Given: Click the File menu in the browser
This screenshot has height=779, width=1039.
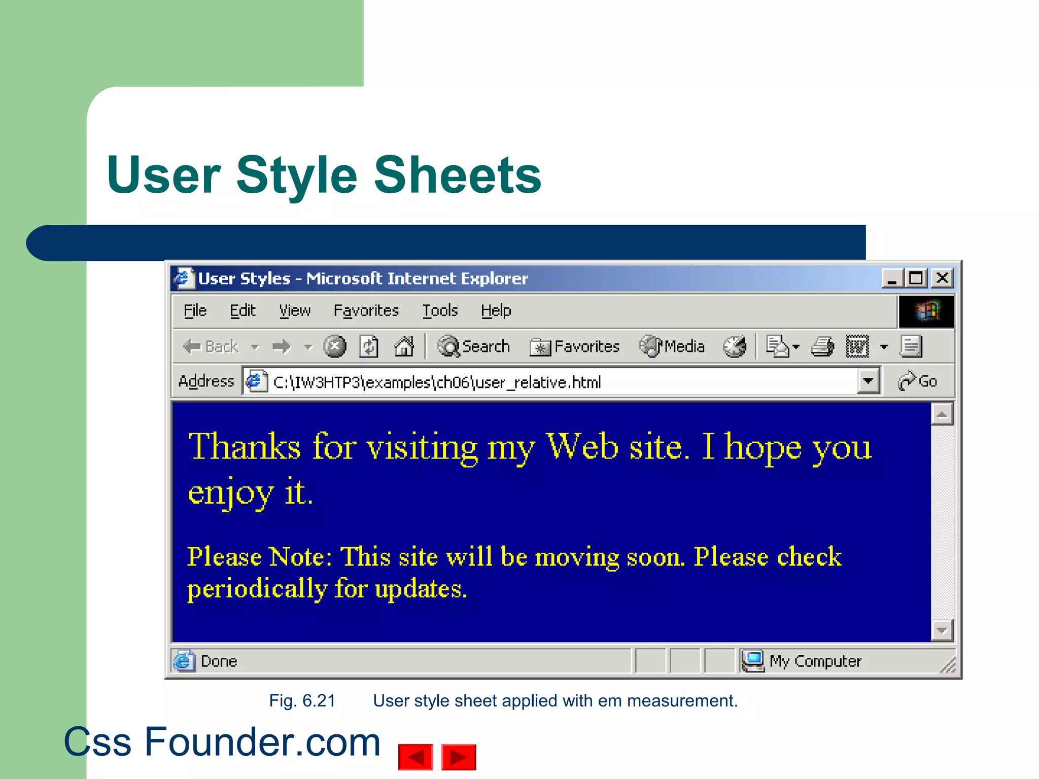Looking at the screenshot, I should click(195, 310).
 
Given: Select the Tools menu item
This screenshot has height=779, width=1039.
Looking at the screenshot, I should click(440, 310).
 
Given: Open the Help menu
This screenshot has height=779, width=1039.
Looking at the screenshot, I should click(496, 310).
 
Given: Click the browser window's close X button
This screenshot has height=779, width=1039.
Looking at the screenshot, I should click(943, 278).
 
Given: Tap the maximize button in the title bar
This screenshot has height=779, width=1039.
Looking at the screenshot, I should click(916, 278).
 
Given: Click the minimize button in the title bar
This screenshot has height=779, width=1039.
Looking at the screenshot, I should click(892, 278).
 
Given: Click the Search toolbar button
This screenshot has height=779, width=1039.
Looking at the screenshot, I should click(474, 347).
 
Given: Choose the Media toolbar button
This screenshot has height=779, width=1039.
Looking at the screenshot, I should click(672, 347).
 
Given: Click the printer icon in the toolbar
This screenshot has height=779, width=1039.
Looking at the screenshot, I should click(822, 347).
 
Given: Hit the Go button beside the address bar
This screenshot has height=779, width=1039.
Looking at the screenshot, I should click(918, 381).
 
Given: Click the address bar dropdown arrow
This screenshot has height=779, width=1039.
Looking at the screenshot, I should click(868, 381).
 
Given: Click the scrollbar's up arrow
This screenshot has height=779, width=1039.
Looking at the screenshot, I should click(942, 414).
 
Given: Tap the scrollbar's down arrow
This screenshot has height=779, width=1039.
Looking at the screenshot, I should click(942, 630).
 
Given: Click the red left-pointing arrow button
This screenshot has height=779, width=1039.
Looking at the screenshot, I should click(415, 757).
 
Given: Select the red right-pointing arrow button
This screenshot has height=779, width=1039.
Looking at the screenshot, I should click(459, 757).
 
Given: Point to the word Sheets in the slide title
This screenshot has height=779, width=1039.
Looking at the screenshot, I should click(458, 175).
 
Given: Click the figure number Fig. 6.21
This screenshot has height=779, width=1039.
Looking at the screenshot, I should click(302, 701).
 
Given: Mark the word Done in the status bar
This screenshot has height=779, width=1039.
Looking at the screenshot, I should click(219, 661).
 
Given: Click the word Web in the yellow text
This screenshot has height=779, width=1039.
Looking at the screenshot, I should click(582, 447).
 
